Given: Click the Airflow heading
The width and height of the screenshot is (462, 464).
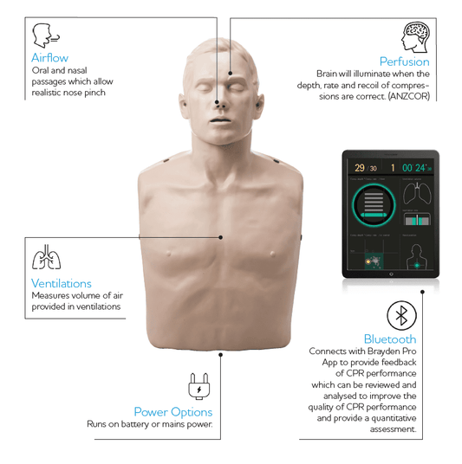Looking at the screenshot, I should coord(49,58).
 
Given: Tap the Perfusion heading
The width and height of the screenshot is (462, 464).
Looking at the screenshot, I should coord(404,61).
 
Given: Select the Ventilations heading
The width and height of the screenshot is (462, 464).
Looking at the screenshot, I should coord(61,283).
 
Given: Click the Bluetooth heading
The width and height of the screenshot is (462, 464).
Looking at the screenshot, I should coord(389,339).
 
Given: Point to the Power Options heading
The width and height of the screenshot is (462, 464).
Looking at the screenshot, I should coord(172,411).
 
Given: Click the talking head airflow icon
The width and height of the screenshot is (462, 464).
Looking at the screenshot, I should coord(42,35).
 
